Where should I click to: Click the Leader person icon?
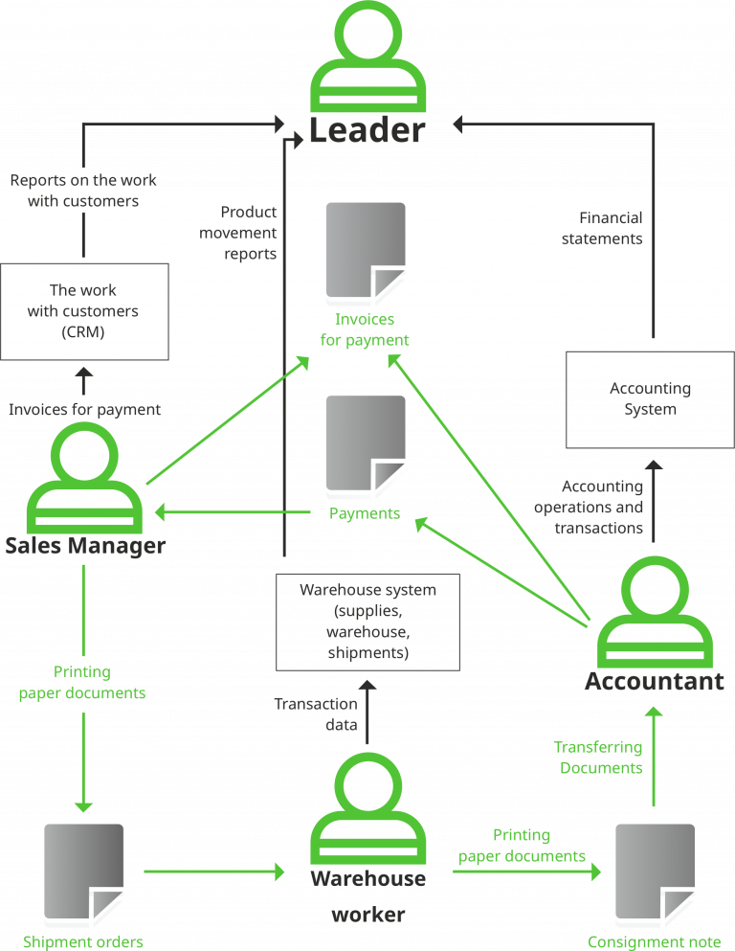pos(368,57)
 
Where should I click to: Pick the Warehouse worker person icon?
pos(368,810)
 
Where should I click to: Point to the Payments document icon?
pos(365,446)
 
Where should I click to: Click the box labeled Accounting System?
pos(650,399)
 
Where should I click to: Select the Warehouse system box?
pos(367,622)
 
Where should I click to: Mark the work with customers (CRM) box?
pos(84,311)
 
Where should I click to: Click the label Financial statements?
pos(602,229)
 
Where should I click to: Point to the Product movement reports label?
pos(238,233)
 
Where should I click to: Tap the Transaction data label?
pos(316,714)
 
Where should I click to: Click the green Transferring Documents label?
pos(598,757)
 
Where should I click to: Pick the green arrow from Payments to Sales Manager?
pos(234,513)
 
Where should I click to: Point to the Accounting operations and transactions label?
pos(589,508)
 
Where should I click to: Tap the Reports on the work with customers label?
pos(83,191)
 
